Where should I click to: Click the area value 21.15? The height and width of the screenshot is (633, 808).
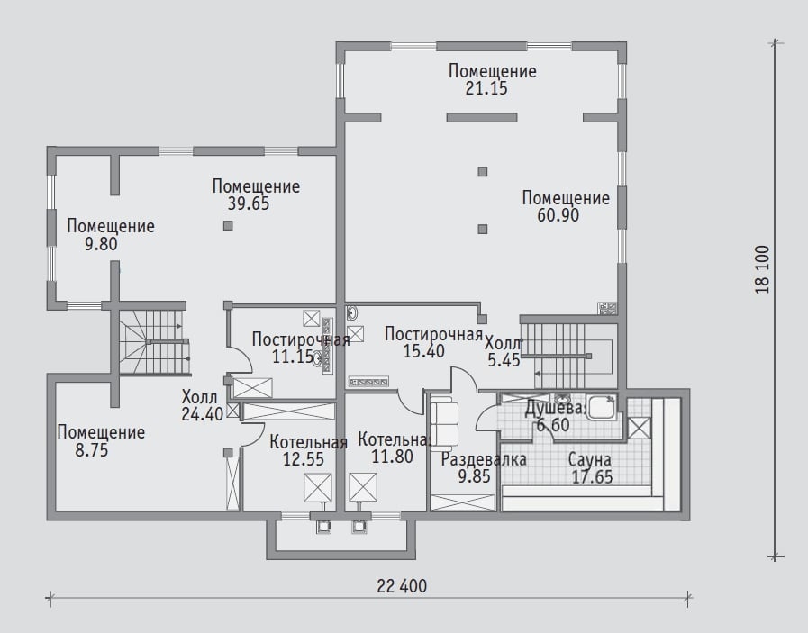[486, 88]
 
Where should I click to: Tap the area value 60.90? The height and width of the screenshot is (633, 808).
[558, 215]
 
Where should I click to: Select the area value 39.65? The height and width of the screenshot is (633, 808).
[249, 203]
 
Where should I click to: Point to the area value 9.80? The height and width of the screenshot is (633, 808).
[101, 244]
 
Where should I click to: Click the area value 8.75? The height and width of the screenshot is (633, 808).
[92, 450]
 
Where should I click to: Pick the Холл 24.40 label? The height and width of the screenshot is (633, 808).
[202, 405]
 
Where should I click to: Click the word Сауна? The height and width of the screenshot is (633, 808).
[589, 459]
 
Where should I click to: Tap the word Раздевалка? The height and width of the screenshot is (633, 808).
[484, 459]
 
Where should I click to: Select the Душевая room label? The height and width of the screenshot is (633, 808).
[555, 409]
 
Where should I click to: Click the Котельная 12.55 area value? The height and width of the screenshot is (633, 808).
[304, 459]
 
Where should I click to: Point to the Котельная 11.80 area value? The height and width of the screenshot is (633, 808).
[393, 457]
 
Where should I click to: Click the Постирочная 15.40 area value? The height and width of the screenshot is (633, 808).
[423, 351]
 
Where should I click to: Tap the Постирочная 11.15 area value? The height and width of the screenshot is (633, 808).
[293, 357]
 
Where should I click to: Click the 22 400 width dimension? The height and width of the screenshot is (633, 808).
[402, 586]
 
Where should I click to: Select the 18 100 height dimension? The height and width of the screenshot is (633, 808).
[763, 269]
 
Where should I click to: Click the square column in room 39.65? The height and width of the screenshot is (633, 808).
[228, 226]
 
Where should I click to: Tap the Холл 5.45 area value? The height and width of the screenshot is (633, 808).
[504, 360]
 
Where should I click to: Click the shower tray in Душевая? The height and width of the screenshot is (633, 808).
[602, 407]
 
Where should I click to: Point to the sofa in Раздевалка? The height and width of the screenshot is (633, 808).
[444, 423]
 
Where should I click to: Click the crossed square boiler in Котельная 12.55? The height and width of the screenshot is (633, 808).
[317, 488]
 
